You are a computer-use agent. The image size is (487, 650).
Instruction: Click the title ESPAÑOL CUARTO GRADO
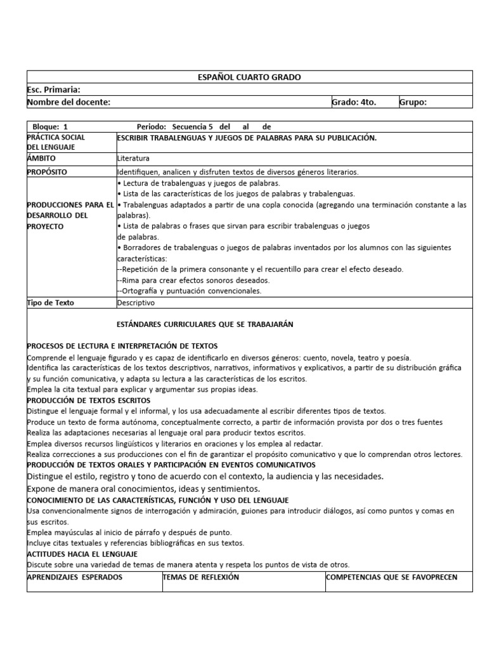click(x=250, y=77)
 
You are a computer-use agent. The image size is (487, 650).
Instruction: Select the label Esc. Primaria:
click(x=54, y=90)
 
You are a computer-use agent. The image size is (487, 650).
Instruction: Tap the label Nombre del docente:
click(x=69, y=102)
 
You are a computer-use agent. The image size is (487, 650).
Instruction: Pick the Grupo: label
click(x=413, y=102)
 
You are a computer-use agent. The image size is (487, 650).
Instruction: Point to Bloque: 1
click(x=53, y=127)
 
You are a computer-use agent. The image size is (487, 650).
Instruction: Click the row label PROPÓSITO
click(x=47, y=172)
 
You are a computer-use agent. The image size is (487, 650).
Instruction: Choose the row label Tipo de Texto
click(x=51, y=303)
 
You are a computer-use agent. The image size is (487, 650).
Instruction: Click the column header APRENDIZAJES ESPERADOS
click(x=75, y=577)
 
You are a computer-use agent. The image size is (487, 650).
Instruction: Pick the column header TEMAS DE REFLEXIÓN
click(x=201, y=577)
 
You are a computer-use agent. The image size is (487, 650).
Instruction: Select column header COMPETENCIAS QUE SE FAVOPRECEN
click(x=391, y=577)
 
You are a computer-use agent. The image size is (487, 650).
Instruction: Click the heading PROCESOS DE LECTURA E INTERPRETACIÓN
click(x=122, y=346)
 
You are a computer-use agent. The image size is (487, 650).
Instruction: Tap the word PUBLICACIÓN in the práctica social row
click(x=347, y=138)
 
